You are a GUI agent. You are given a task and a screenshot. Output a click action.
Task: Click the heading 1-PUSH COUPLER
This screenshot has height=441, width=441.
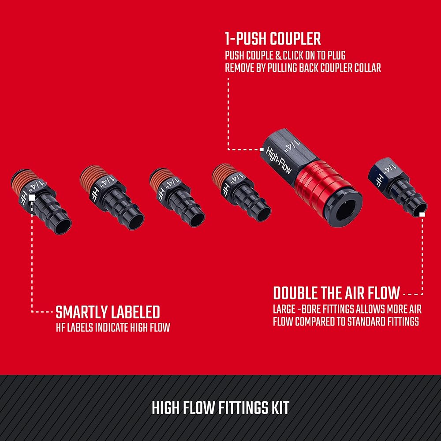tap(273, 39)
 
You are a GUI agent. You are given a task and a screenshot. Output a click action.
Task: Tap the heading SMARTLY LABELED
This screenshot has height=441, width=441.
tap(108, 312)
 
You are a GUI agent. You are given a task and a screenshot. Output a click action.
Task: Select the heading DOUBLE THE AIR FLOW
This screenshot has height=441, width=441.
tap(336, 293)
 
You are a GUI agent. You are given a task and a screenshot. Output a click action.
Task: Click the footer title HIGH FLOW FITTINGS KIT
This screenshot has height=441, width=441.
tap(220, 408)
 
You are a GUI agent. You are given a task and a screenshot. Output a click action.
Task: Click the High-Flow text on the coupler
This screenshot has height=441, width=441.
tap(279, 161)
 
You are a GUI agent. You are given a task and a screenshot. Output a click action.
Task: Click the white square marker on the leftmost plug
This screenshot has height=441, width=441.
tap(32, 198)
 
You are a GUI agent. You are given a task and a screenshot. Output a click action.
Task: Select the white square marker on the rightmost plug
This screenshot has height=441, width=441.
tap(422, 214)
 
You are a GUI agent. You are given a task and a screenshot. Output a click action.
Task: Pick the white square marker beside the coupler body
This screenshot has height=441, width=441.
tap(262, 149)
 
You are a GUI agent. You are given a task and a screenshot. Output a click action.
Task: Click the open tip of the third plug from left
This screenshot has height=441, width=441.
tap(197, 219)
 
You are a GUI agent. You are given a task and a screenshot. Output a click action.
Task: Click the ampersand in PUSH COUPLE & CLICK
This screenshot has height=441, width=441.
tap(278, 56)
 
